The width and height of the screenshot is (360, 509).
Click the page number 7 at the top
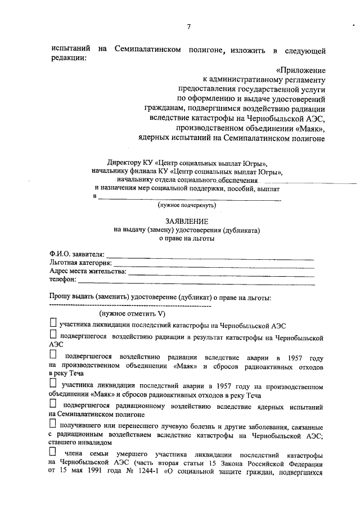coord(190,27)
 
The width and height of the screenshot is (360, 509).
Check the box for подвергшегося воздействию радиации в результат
coord(53,336)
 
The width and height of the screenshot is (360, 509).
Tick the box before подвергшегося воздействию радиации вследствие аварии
coord(53,355)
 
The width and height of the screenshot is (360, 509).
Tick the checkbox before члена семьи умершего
coord(53,452)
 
